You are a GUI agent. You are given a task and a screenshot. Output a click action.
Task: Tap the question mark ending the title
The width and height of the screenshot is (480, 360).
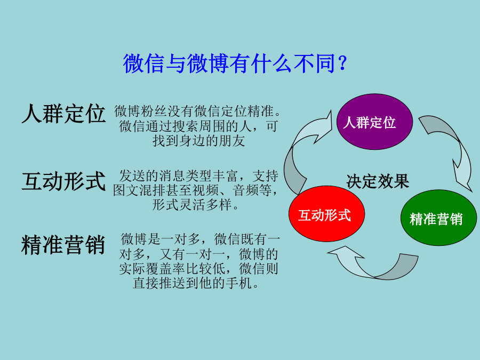pyautogui.click(x=343, y=63)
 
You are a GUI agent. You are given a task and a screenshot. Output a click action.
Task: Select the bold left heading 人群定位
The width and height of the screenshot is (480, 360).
pyautogui.click(x=63, y=114)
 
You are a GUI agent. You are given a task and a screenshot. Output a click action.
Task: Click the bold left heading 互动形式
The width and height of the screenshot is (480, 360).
pyautogui.click(x=63, y=181)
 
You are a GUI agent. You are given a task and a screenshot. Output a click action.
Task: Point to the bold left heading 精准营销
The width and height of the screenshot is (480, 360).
pyautogui.click(x=63, y=245)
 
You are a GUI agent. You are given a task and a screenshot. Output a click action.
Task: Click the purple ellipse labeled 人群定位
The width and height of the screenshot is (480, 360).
pyautogui.click(x=375, y=122)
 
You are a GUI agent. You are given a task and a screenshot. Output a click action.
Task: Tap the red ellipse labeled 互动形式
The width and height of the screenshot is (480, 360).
pyautogui.click(x=326, y=214)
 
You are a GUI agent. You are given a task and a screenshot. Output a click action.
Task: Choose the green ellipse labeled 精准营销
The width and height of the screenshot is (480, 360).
pyautogui.click(x=439, y=218)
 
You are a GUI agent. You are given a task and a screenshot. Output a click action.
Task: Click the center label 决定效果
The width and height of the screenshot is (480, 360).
pyautogui.click(x=378, y=181)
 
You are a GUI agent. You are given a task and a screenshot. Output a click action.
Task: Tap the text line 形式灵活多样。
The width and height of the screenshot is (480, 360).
pyautogui.click(x=196, y=204)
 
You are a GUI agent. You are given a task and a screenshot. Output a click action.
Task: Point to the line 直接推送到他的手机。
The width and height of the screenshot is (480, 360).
pyautogui.click(x=196, y=283)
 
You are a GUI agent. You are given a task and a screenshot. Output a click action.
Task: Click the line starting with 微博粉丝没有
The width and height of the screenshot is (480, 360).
pyautogui.click(x=197, y=111)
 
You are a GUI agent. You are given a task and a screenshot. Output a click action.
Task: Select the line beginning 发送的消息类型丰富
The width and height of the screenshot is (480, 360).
pyautogui.click(x=198, y=175)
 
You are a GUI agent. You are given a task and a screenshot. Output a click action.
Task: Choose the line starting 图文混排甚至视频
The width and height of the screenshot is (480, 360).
pyautogui.click(x=196, y=190)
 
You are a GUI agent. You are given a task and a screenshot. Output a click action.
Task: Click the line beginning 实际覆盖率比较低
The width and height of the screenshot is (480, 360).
pyautogui.click(x=198, y=268)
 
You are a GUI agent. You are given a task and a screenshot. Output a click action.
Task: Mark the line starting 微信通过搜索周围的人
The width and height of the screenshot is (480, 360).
pyautogui.click(x=198, y=126)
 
